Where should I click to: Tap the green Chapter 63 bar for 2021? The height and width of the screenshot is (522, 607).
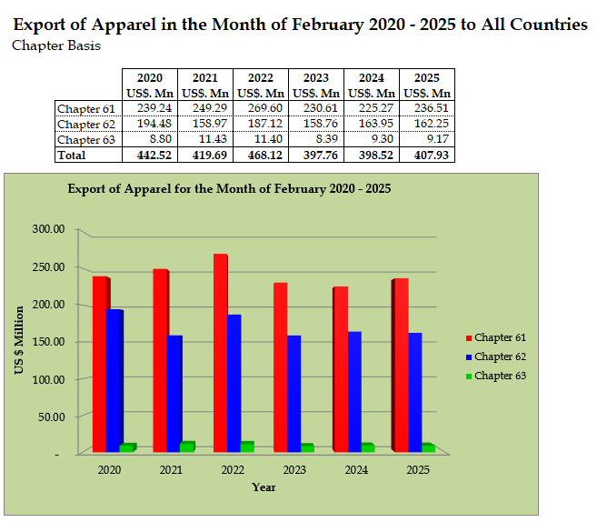click(188, 447)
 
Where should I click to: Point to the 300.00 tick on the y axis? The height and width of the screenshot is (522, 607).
click(47, 229)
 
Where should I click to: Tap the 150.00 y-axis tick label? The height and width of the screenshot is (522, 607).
click(47, 342)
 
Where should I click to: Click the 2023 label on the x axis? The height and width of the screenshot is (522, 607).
click(294, 470)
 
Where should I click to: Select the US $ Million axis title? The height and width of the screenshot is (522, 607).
click(18, 342)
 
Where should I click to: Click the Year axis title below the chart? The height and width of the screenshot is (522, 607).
click(264, 487)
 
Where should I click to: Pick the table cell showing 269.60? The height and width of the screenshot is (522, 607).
click(261, 108)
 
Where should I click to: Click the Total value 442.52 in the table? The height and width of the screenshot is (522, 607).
click(150, 156)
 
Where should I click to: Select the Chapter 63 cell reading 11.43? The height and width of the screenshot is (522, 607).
click(205, 139)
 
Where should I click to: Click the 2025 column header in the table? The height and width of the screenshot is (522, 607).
click(426, 78)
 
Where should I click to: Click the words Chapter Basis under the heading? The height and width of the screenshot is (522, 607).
click(56, 45)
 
